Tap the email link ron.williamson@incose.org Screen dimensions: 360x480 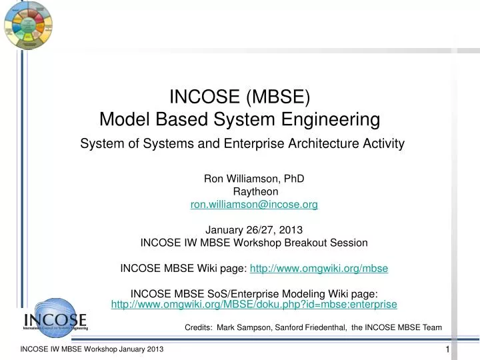(254, 205)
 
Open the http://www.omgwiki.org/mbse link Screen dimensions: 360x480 (319, 269)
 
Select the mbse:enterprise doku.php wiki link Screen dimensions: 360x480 (254, 304)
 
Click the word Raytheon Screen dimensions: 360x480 (254, 192)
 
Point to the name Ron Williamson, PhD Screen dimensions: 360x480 (254, 179)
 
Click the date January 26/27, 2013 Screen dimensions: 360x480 (254, 229)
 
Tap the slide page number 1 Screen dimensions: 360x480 (448, 351)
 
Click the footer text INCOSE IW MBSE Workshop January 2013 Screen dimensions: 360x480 (92, 351)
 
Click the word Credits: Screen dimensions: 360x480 (197, 327)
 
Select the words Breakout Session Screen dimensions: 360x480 (330, 242)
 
